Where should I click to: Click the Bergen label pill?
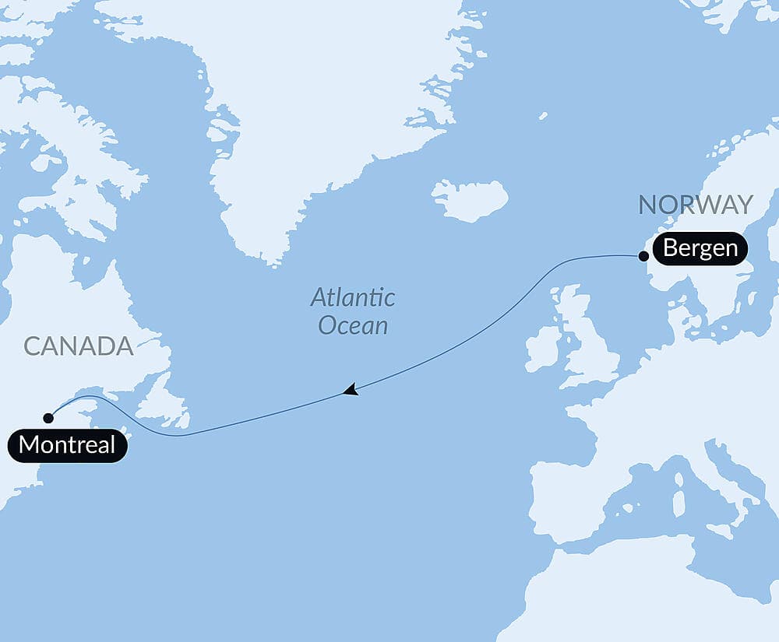(x=700, y=249)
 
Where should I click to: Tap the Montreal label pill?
(x=67, y=446)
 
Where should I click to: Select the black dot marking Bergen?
(x=643, y=255)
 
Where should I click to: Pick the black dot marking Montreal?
(x=48, y=418)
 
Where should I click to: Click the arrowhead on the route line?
(x=351, y=390)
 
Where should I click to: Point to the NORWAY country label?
(x=696, y=205)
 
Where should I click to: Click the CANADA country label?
(x=79, y=346)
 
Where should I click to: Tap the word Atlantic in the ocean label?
(x=353, y=297)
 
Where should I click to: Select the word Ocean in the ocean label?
(x=353, y=325)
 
